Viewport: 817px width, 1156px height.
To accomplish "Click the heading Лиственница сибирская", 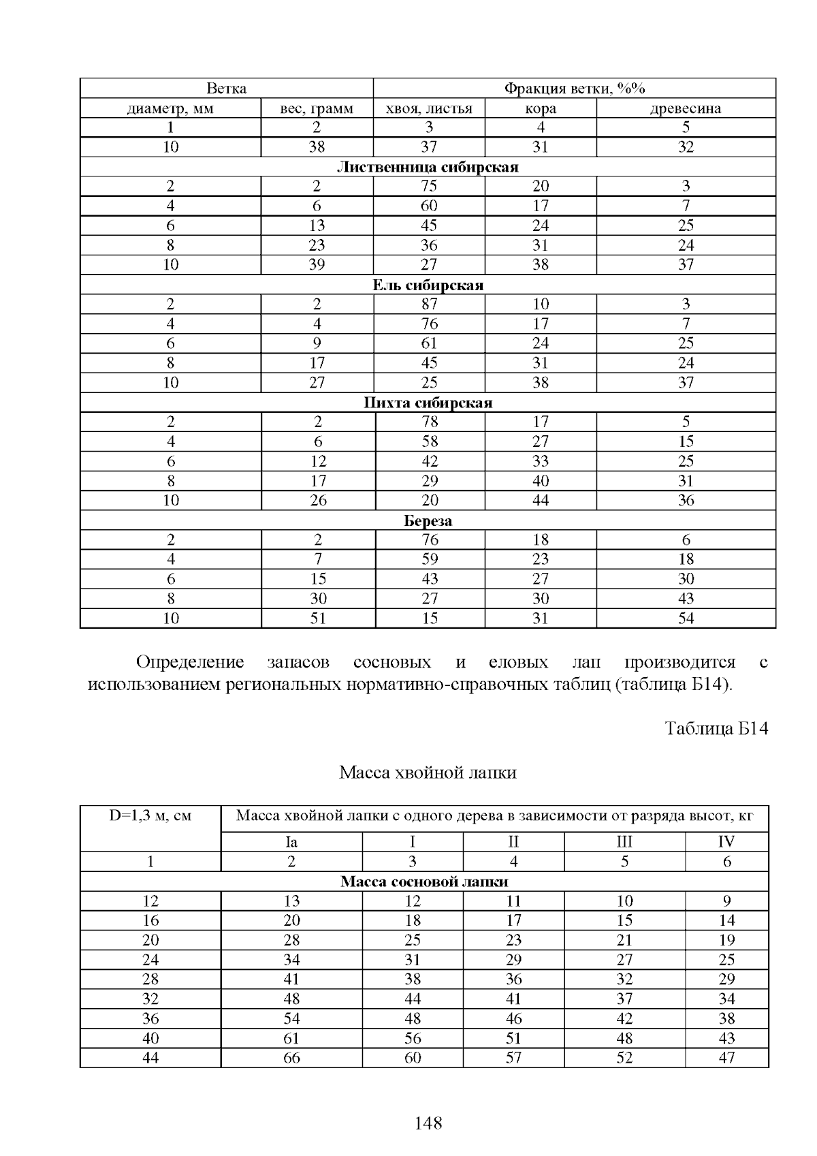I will click(428, 167).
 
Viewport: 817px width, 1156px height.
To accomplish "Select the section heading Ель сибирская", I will click(428, 285).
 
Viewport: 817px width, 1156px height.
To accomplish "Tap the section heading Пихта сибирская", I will click(428, 403).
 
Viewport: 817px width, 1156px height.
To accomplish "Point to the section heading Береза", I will click(428, 520).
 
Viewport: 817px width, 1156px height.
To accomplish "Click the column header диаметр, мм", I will click(170, 108).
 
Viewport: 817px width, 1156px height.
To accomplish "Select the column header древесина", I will click(686, 108).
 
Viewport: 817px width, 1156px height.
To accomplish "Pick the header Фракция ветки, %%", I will click(574, 89).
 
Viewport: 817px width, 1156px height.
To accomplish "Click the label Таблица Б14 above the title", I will click(716, 728).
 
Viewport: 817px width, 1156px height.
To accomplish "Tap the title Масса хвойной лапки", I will click(428, 772).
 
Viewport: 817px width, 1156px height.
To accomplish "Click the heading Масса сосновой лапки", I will click(424, 881).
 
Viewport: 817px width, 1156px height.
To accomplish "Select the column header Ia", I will click(291, 842).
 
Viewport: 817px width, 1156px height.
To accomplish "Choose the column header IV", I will click(726, 842).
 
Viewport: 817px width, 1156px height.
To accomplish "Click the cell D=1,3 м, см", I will click(150, 816).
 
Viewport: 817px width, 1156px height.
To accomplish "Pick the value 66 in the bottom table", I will click(291, 1058).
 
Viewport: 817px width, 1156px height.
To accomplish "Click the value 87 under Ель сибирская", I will click(429, 304).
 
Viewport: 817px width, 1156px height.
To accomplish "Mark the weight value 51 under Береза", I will click(318, 619).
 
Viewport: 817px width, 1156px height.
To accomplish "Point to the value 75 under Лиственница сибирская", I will click(429, 187).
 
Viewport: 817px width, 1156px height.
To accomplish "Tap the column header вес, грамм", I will click(317, 108).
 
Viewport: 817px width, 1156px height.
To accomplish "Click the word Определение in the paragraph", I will click(190, 662).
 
